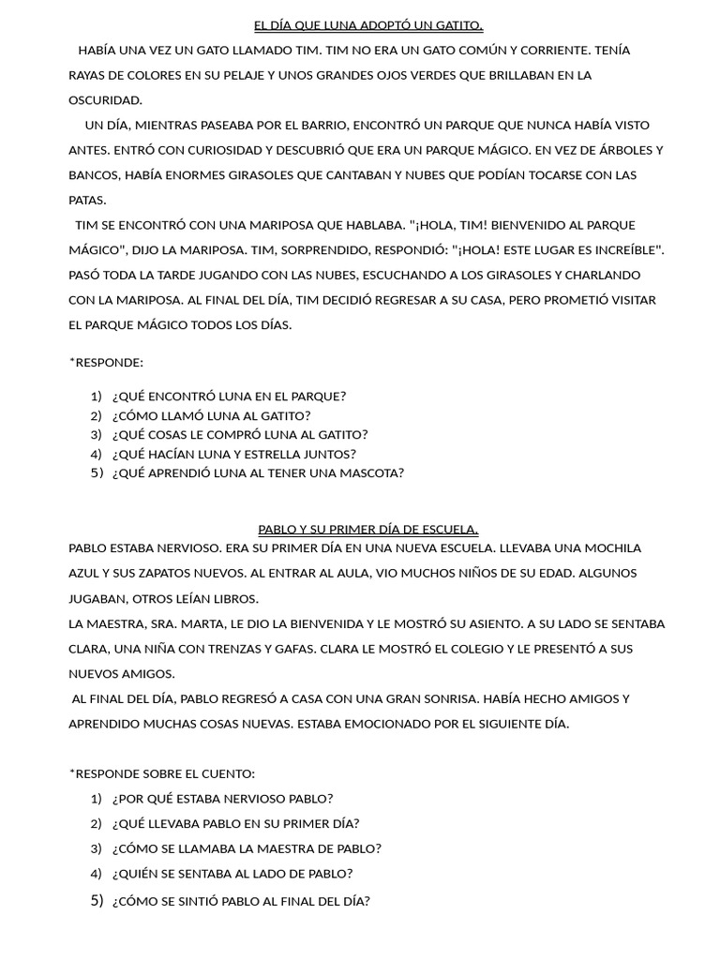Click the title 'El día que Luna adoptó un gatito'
[x=368, y=25]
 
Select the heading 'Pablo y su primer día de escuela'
[x=368, y=530]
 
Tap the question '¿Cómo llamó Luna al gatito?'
[x=211, y=415]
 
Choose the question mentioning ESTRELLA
[x=233, y=454]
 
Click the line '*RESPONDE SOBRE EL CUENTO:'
[x=161, y=773]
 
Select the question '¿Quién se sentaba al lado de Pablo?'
[x=232, y=874]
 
